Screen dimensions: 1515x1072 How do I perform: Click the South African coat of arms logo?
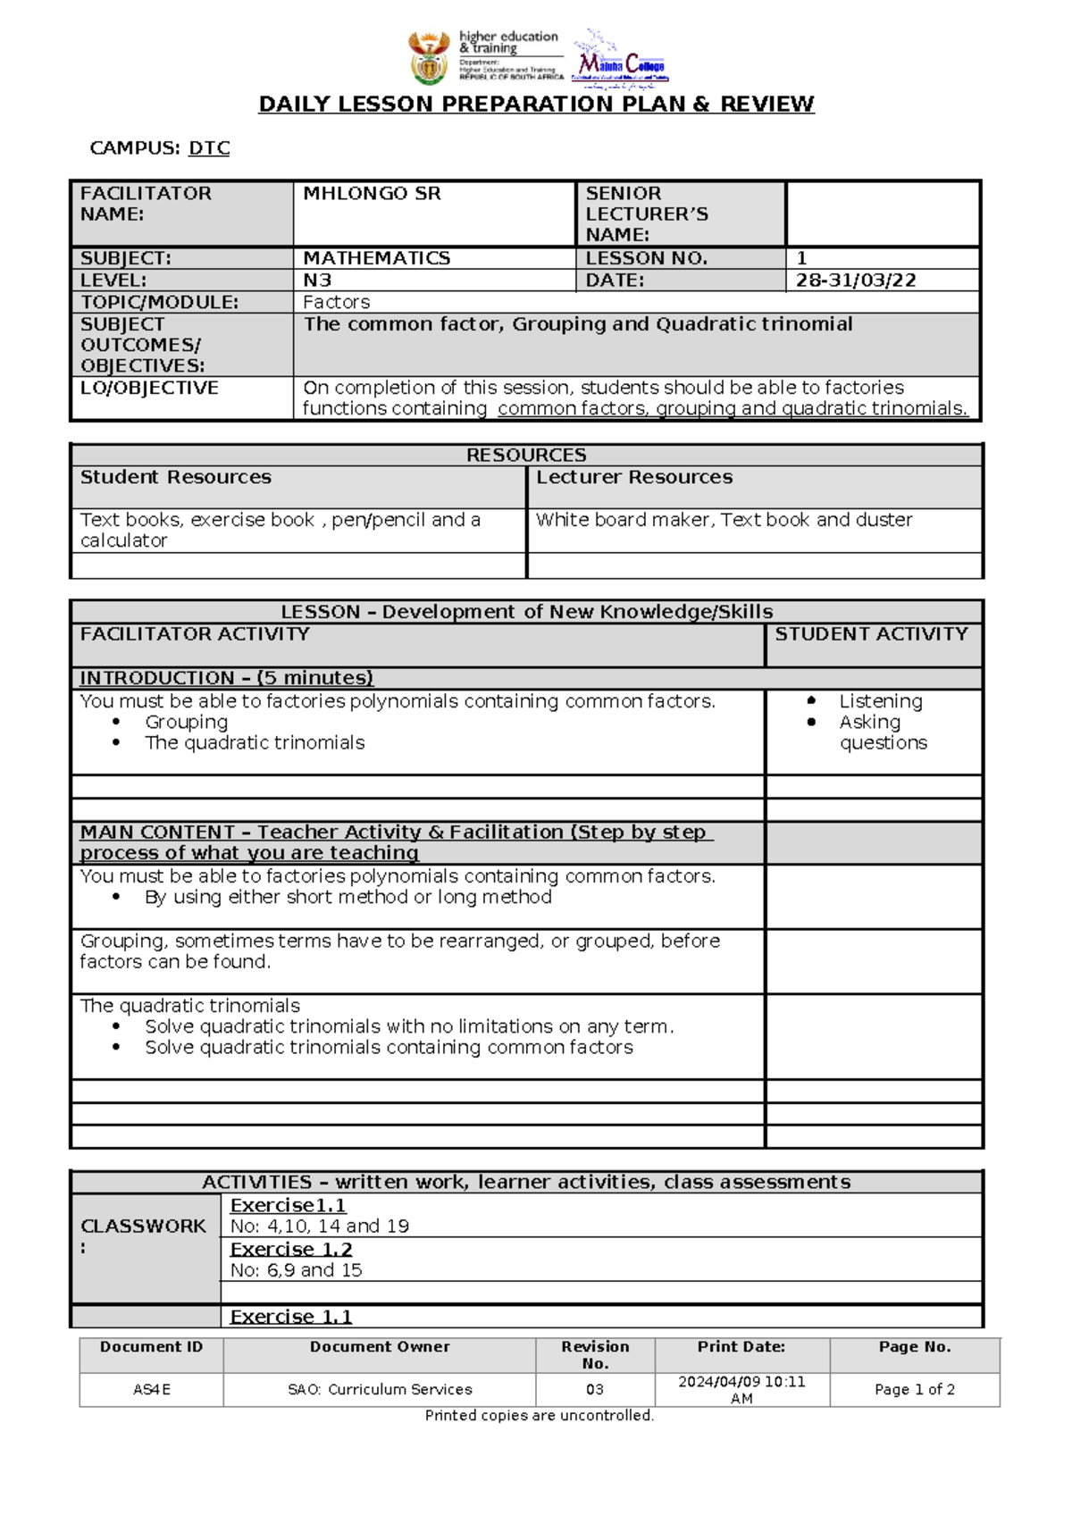429,57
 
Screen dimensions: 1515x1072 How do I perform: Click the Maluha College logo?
620,63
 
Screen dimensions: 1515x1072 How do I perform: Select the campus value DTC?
209,148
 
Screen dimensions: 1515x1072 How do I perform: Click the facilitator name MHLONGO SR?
372,194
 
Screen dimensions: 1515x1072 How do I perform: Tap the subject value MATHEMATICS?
376,258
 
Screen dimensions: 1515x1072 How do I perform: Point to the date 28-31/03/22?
856,280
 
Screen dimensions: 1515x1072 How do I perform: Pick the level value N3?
317,280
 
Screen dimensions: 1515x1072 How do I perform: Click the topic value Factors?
336,303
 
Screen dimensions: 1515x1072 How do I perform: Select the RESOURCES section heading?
526,455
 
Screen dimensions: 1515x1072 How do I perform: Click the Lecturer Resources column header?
634,477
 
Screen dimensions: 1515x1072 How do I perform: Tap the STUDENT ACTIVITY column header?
871,634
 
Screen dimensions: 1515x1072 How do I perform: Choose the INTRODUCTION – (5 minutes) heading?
226,678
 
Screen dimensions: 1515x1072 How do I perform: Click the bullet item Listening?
880,701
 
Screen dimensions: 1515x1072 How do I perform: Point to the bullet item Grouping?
186,722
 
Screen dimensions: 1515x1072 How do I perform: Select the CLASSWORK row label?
143,1226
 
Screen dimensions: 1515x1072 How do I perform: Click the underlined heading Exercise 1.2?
291,1250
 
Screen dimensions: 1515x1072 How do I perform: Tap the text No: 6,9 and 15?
296,1270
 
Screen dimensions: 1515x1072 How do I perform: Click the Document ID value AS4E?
151,1390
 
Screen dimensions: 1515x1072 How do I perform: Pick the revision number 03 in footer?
595,1390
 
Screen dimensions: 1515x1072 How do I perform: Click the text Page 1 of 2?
914,1390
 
